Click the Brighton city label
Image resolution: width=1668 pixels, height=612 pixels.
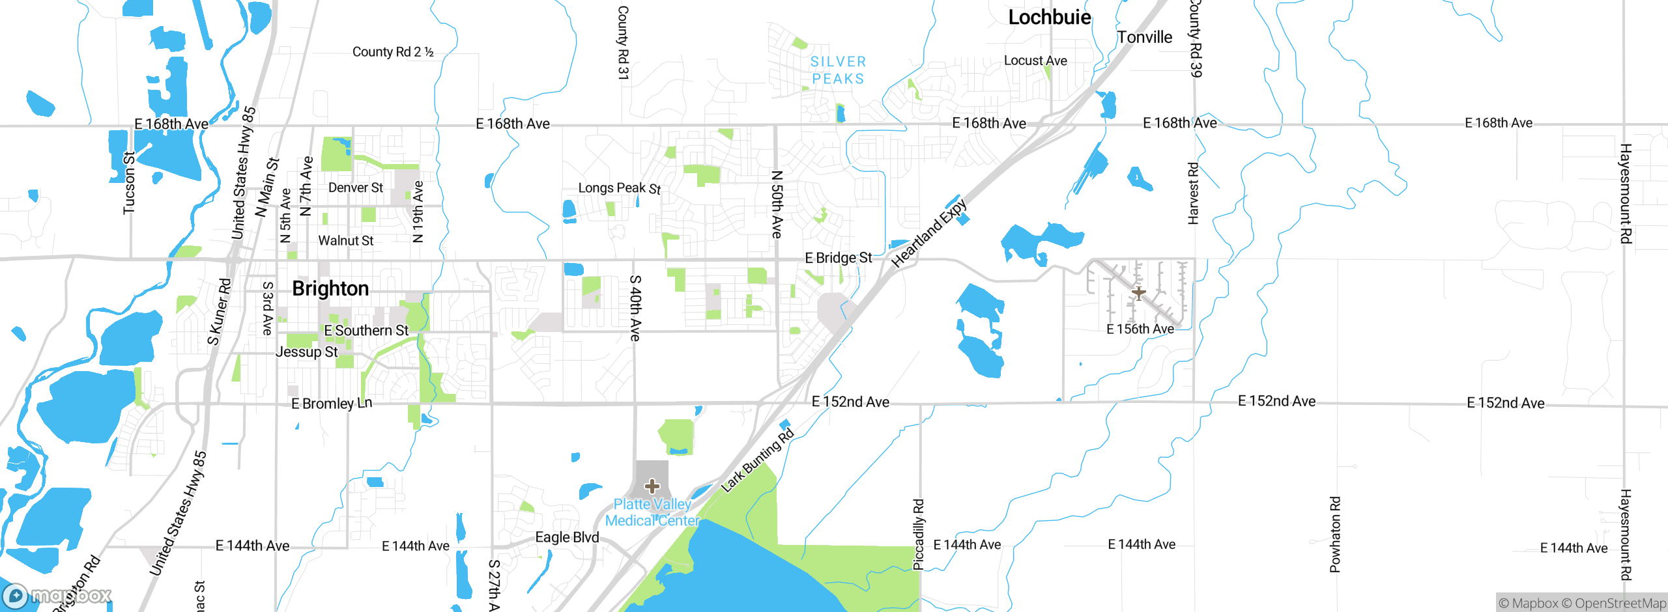point(330,288)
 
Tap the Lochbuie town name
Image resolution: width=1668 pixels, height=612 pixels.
point(1049,18)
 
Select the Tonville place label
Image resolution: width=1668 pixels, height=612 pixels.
point(1144,37)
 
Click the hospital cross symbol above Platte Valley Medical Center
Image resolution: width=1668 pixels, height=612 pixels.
point(652,486)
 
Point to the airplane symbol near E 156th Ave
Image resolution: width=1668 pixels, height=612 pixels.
point(1138,293)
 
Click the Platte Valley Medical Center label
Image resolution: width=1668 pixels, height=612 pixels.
point(652,512)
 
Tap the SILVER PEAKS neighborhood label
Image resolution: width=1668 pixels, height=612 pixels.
point(838,70)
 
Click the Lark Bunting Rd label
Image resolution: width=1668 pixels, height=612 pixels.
point(757,460)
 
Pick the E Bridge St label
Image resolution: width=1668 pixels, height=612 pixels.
point(838,258)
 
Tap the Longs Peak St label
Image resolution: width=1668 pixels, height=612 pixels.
point(619,188)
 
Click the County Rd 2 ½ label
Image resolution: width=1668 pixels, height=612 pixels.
point(393,52)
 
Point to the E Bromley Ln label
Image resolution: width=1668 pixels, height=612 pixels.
point(332,404)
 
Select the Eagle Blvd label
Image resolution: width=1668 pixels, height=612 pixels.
point(567,537)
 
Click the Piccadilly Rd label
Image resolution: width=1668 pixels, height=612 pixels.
point(919,535)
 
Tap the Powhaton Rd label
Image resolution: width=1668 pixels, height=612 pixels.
point(1335,535)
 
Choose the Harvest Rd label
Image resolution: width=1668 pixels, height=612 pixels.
point(1193,193)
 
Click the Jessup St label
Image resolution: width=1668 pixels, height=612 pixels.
point(307,352)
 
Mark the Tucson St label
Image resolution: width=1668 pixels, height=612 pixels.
point(130,183)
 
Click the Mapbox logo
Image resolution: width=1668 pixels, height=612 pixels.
point(57,595)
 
